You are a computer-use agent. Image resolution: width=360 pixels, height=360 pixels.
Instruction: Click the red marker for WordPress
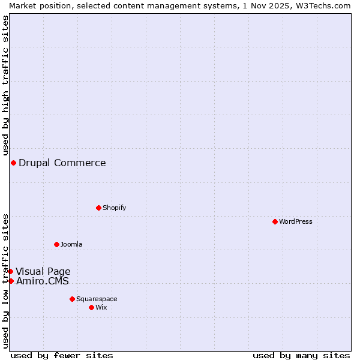click(x=275, y=221)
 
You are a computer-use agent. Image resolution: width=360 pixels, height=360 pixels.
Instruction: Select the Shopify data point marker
click(x=98, y=208)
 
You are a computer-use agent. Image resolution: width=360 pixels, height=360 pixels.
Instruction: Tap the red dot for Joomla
click(x=56, y=244)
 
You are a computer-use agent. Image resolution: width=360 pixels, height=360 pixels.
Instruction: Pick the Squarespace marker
click(x=72, y=299)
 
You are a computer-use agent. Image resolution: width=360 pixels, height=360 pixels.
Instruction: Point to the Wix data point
click(x=91, y=307)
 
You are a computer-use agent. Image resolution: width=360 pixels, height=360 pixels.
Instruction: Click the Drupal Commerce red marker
click(x=13, y=163)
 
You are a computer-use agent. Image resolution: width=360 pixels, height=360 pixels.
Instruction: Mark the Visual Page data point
click(x=10, y=271)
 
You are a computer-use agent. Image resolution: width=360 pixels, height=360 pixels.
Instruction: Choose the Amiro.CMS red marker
click(x=11, y=281)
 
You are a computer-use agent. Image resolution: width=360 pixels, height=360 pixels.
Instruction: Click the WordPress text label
click(x=296, y=221)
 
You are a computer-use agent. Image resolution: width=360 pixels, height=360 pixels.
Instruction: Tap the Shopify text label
click(x=114, y=208)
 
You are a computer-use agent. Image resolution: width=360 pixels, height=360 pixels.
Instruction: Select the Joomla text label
click(x=71, y=244)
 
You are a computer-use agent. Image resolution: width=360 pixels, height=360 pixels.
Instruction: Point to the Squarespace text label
click(x=97, y=299)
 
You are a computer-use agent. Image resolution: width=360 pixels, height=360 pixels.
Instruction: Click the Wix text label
click(x=101, y=307)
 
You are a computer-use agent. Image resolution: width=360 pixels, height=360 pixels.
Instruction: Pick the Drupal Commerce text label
click(x=62, y=163)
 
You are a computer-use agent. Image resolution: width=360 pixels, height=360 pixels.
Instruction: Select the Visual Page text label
click(x=43, y=271)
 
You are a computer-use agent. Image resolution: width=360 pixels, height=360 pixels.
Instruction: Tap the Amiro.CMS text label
click(x=43, y=281)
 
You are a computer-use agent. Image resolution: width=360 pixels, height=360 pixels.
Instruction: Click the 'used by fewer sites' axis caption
click(x=62, y=355)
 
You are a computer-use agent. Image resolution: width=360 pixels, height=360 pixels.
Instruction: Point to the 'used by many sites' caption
click(x=301, y=355)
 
